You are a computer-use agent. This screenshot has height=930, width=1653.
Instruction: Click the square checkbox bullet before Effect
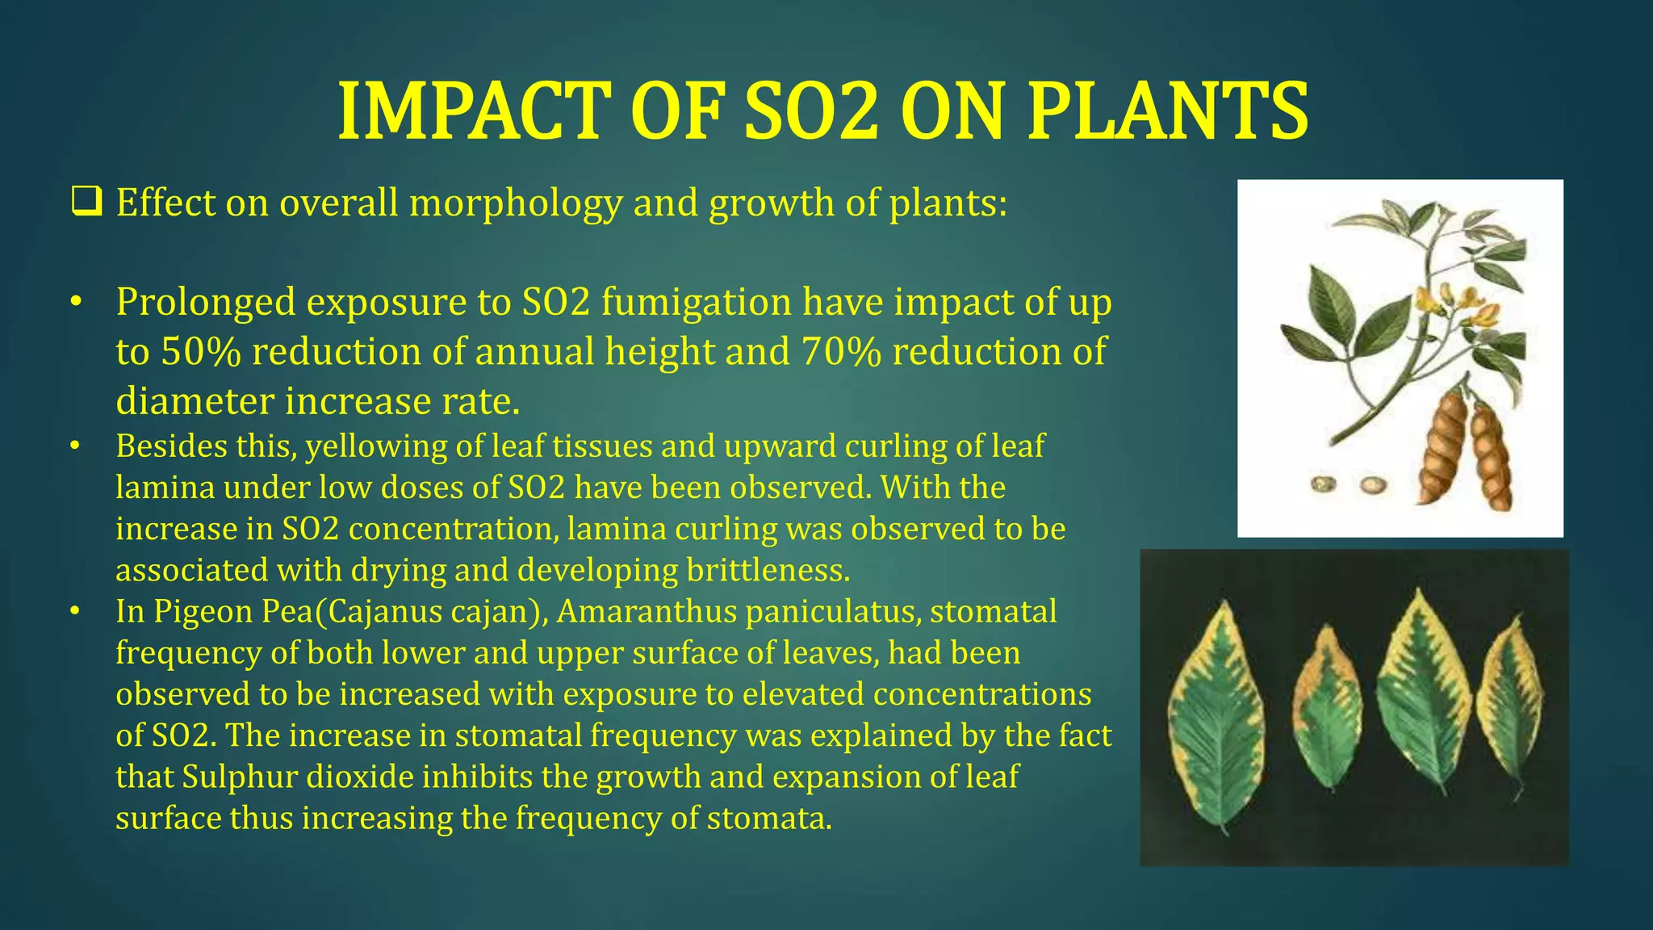click(x=86, y=202)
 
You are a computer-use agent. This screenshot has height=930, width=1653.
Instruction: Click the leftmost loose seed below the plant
click(x=1322, y=484)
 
